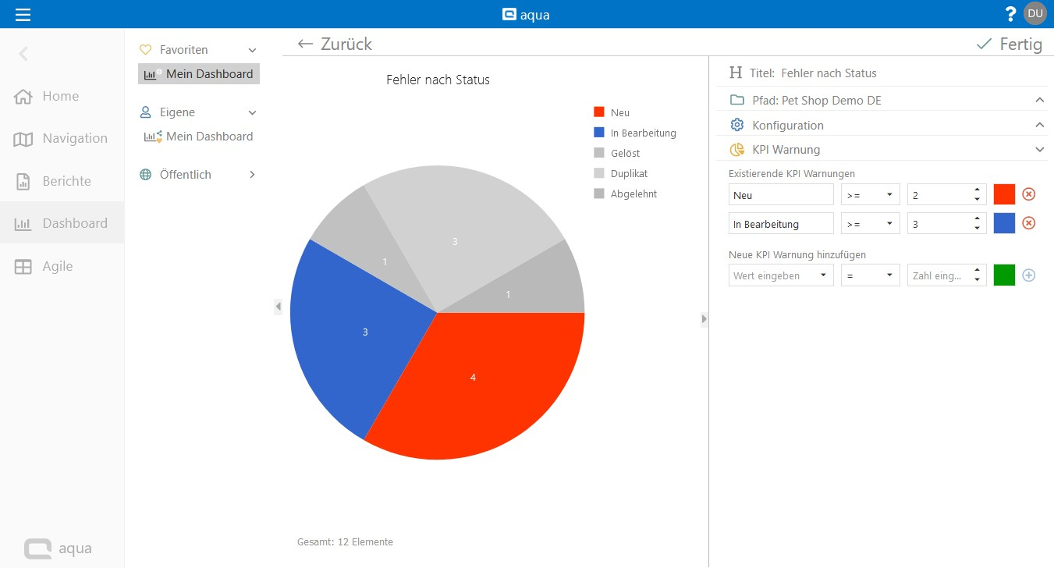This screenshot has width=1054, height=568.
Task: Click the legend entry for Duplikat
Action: coord(629,173)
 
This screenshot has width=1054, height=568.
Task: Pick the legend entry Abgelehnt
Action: coord(633,193)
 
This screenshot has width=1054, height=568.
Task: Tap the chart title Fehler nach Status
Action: coord(438,80)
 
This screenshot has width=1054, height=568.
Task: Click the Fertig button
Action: coord(1010,44)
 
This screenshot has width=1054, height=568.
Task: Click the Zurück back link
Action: coord(335,44)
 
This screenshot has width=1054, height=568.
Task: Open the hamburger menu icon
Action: coord(23,14)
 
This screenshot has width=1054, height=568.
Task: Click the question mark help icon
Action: coord(1011,14)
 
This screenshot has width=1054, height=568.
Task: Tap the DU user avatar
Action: coord(1035,13)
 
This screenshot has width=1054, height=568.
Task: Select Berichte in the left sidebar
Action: coord(66,181)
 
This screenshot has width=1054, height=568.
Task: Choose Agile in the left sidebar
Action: coord(57,266)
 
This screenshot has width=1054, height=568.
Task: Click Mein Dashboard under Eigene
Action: coord(209,137)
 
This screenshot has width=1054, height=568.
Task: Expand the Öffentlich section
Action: coord(252,175)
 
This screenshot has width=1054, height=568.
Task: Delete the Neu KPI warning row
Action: coord(1028,194)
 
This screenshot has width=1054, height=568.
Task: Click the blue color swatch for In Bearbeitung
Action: coord(1004,223)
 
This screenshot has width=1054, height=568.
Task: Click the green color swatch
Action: coord(1004,275)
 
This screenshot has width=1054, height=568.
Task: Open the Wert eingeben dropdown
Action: coord(781,275)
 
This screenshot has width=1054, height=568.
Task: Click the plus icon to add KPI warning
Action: coord(1028,275)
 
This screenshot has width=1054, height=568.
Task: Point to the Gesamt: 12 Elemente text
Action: coord(345,541)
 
